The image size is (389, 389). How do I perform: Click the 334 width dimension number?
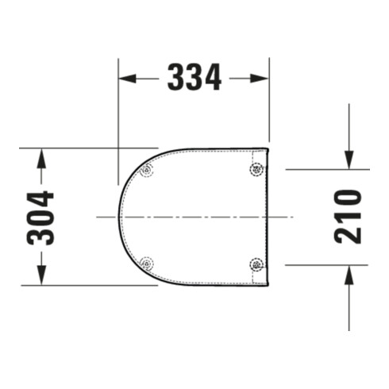click(194, 77)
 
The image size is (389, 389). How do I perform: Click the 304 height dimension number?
click(40, 218)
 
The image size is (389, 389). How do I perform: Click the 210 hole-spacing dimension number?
click(348, 217)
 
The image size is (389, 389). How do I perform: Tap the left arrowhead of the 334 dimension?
click(127, 79)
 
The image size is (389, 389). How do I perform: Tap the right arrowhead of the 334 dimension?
click(259, 79)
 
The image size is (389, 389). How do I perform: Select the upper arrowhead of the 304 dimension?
click(41, 158)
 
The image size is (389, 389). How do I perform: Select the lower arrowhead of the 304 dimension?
click(41, 275)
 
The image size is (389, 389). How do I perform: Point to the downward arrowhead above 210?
click(349, 160)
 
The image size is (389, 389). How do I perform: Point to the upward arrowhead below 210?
click(349, 275)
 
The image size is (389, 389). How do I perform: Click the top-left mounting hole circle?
click(147, 170)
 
